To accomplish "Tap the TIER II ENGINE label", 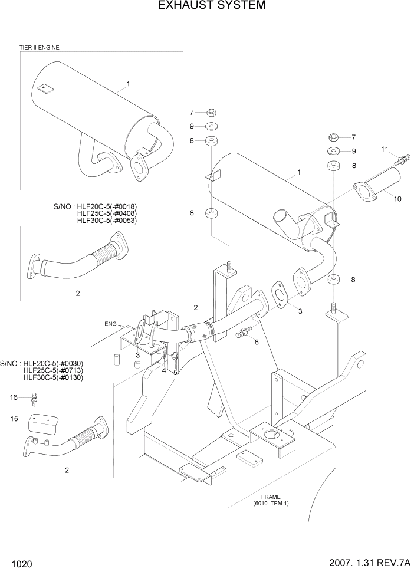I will (x=40, y=47).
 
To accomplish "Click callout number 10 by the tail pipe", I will (x=397, y=199).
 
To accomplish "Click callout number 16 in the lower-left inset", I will (x=14, y=398).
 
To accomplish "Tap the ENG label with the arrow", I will (x=110, y=324).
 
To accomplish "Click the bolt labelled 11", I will (x=403, y=159).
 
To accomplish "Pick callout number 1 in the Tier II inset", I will (x=128, y=84).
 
